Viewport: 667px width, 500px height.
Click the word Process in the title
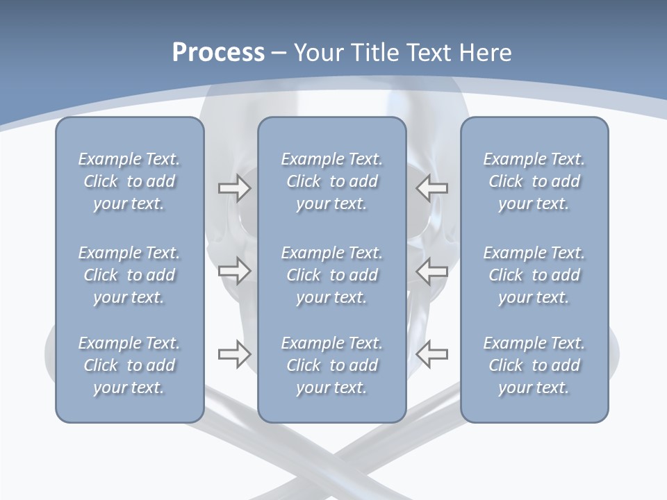click(218, 53)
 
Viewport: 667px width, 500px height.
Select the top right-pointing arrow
click(234, 188)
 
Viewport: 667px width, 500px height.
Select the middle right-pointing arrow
click(234, 271)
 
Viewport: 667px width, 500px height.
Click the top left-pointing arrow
click(432, 188)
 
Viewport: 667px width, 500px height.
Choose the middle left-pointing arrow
click(432, 271)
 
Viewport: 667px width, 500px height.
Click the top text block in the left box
click(129, 181)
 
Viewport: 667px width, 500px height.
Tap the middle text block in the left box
click(129, 275)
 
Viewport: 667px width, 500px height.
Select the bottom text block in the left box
click(129, 365)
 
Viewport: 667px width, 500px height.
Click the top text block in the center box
click(332, 181)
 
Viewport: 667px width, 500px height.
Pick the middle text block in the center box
click(332, 275)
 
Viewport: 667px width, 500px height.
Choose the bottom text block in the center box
click(332, 365)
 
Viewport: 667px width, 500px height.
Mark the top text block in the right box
click(534, 181)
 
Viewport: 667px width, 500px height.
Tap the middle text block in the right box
click(534, 275)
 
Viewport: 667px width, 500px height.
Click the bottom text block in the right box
click(534, 365)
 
